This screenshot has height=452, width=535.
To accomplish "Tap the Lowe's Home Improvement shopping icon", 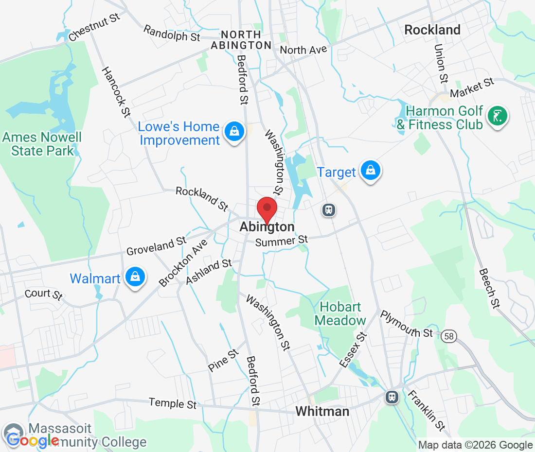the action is point(234,131).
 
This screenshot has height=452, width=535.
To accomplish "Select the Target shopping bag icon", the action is point(371,171).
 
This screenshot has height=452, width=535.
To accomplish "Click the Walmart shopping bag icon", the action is point(135,277).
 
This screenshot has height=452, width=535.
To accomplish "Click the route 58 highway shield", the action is point(449,335).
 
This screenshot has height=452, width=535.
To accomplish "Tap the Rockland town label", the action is point(432,30).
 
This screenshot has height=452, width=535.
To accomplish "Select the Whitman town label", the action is point(322,412).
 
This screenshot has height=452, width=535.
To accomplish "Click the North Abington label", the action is point(241,40).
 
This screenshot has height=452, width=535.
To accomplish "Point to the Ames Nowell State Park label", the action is point(42,144).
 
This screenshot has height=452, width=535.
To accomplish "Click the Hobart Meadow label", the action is point(340,313).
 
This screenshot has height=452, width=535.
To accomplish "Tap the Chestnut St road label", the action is point(94,28).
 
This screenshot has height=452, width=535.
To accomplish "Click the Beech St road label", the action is point(490,288).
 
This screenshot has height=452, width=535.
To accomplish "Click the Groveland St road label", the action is point(156,246).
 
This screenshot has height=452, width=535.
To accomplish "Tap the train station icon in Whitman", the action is point(392,397).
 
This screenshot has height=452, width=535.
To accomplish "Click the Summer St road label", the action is point(282,241).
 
